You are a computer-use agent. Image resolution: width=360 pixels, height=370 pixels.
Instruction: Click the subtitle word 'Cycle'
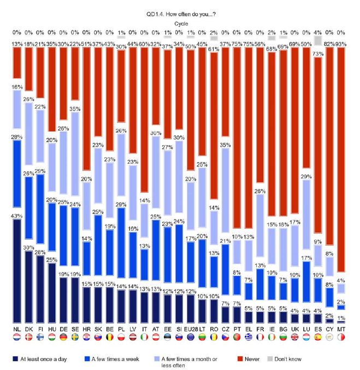click(180, 24)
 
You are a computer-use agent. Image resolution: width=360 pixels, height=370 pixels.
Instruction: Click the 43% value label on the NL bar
click(16, 217)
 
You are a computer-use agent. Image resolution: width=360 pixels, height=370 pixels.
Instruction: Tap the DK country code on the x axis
click(28, 330)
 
